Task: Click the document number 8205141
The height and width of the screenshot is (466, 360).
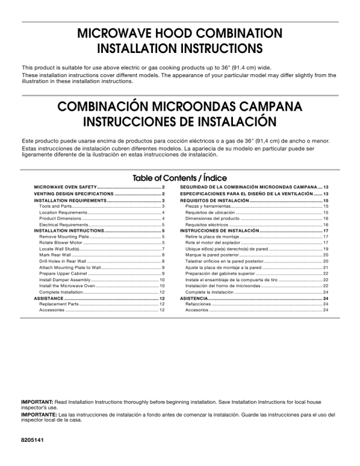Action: click(x=32, y=440)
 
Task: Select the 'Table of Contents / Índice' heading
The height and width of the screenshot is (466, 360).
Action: click(x=179, y=178)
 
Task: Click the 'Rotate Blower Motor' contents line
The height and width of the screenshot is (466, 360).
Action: click(x=64, y=242)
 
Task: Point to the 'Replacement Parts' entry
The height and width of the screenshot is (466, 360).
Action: click(x=59, y=304)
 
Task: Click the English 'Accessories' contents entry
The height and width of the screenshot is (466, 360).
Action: click(x=52, y=310)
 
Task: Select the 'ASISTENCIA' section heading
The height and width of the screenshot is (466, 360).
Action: click(x=194, y=298)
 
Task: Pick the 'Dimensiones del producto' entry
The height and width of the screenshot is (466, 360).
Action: click(x=212, y=218)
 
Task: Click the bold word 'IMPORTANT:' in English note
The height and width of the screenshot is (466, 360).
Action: click(x=36, y=402)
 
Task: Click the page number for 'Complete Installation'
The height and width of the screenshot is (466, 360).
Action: click(x=162, y=292)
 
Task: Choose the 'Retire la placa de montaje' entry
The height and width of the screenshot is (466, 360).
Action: click(x=212, y=237)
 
